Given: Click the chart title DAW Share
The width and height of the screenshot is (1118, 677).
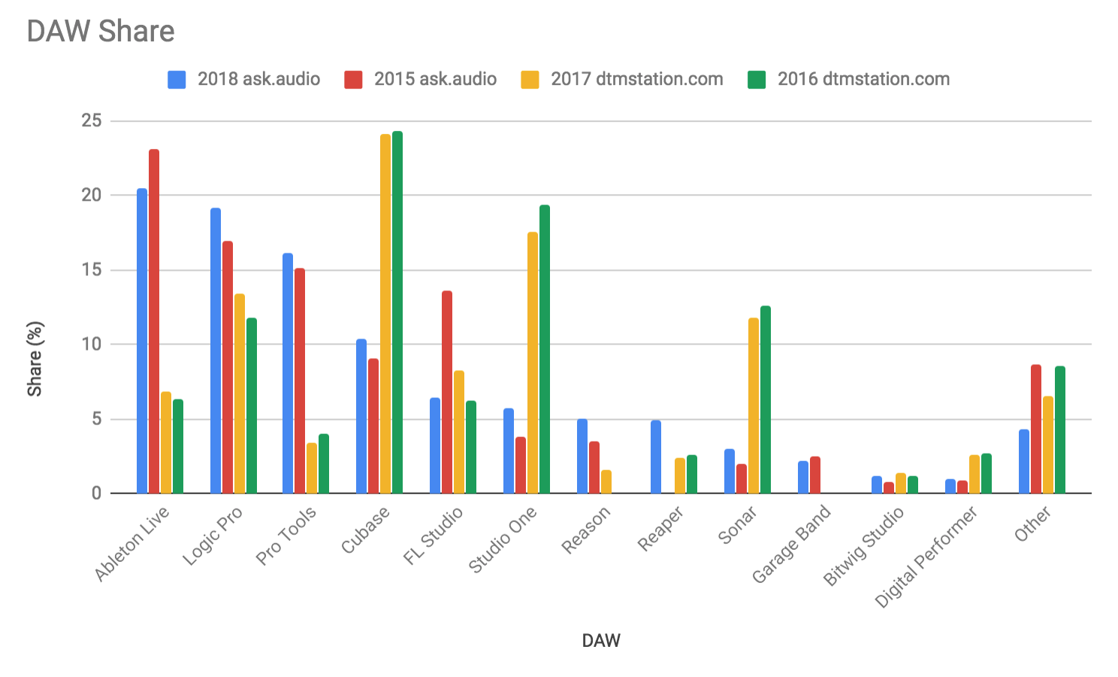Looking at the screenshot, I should point(101,32).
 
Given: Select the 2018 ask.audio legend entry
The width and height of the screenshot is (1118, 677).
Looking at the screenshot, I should point(243,79).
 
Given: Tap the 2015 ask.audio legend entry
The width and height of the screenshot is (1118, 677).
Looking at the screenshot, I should point(420,79).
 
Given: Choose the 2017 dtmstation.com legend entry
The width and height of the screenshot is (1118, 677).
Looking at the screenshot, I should point(621,79).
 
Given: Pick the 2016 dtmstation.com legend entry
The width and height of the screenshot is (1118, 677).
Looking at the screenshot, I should point(848,79).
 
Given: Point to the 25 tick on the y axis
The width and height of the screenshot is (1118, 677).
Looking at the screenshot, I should point(92,120).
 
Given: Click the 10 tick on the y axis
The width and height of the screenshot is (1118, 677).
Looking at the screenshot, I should point(92,345).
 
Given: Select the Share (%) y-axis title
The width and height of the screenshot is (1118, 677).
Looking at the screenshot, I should point(35,359).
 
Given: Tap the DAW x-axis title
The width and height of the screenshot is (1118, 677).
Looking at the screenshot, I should point(601,641).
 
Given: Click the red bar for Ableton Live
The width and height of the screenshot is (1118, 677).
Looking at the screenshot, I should point(154,322).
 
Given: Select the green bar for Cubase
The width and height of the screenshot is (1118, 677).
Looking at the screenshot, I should point(397,312).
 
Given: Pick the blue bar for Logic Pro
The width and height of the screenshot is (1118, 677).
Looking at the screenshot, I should point(216,351).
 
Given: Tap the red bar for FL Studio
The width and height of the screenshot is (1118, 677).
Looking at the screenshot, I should point(447,392).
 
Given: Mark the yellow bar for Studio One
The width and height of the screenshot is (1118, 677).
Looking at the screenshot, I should point(533,363).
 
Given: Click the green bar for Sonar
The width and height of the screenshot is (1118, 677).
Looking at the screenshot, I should point(766,399).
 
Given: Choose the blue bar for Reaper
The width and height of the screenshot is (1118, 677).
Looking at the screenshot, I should point(656,457).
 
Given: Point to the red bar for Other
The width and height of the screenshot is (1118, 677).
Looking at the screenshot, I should point(1036,429).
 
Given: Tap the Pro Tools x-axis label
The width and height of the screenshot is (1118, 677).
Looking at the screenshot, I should point(287,536).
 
